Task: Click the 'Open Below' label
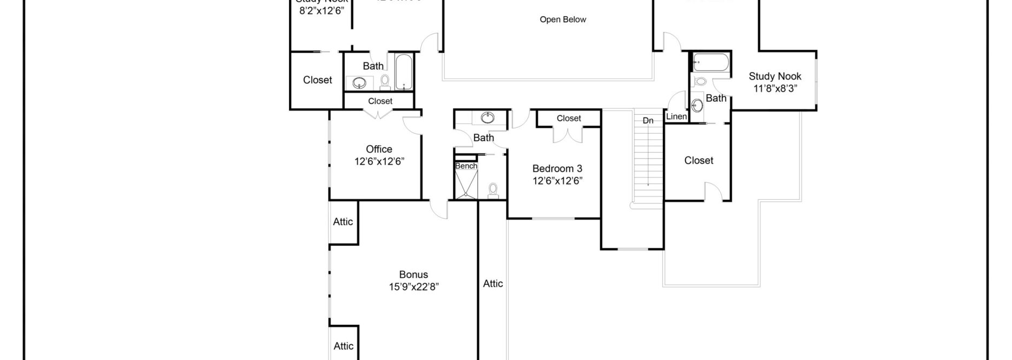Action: click(563, 19)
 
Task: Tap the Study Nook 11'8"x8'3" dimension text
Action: click(775, 88)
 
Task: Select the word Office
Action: click(379, 149)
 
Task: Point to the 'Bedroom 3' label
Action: click(557, 168)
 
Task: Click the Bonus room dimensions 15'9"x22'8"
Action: click(413, 287)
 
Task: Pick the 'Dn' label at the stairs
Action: click(648, 120)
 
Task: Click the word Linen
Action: click(676, 116)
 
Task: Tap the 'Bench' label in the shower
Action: click(466, 166)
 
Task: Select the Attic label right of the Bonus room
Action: click(493, 283)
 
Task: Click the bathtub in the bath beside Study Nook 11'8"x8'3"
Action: click(711, 63)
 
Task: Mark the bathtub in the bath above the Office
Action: click(403, 71)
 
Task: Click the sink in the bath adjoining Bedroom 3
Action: click(488, 117)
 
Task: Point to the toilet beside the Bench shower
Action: click(493, 190)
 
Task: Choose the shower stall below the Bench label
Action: click(466, 185)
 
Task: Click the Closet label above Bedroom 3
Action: click(569, 118)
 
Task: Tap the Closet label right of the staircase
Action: click(699, 160)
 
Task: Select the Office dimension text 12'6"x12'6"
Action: click(379, 161)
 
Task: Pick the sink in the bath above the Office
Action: click(359, 83)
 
